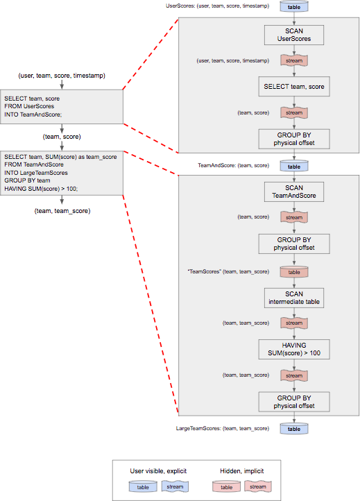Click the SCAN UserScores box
click(x=294, y=35)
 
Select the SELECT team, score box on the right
click(x=294, y=86)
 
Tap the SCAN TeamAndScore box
click(x=294, y=192)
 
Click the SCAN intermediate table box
click(x=294, y=298)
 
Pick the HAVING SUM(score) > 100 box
click(x=294, y=349)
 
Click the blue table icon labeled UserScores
click(x=294, y=7)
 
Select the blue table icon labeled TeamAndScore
click(x=294, y=166)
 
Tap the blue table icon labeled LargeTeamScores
click(x=294, y=429)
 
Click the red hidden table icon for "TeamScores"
click(x=294, y=272)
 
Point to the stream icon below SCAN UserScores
click(x=294, y=60)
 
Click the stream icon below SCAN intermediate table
click(x=294, y=323)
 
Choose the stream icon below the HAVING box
click(x=294, y=375)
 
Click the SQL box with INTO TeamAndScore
click(x=62, y=106)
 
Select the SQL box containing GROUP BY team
click(x=62, y=173)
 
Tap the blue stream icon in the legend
click(x=175, y=486)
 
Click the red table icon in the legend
click(x=226, y=487)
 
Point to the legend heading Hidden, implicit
click(x=242, y=471)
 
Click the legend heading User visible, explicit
click(x=158, y=471)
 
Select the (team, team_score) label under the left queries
click(x=62, y=211)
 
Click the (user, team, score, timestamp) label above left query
click(x=62, y=76)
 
